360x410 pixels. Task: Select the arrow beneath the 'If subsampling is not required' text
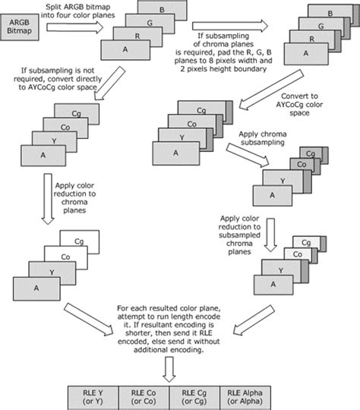pos(114,84)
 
